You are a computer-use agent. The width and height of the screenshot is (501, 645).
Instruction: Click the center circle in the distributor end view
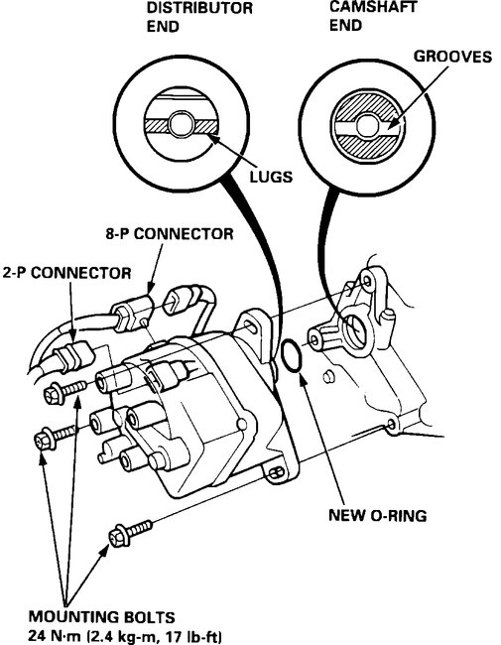(183, 125)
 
